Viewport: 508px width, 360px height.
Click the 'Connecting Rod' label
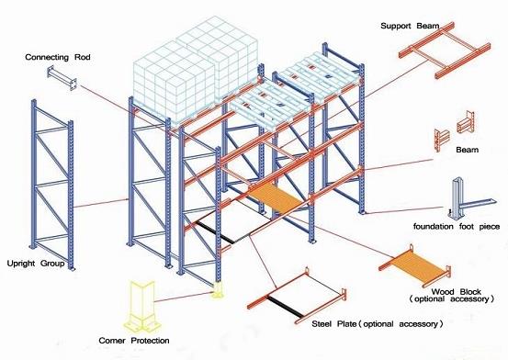point(58,57)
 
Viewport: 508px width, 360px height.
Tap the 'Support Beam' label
point(410,26)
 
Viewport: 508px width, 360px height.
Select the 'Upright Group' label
point(36,264)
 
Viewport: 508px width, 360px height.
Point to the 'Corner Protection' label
point(134,341)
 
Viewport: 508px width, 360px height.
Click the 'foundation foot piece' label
point(457,227)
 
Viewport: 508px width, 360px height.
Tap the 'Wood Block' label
point(457,292)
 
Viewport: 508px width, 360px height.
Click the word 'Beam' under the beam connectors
point(467,150)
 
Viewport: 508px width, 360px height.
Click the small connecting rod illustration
point(62,78)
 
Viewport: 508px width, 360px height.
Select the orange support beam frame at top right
point(444,51)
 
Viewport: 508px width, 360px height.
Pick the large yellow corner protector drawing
point(142,306)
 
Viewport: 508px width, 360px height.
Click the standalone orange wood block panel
point(414,265)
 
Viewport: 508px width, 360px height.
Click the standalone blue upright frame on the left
point(51,185)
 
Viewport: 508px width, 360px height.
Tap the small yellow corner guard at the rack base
point(218,290)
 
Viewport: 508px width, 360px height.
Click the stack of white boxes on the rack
point(196,70)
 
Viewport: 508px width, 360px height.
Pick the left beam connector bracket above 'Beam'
point(441,140)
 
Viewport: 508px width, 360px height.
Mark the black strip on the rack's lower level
point(214,232)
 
